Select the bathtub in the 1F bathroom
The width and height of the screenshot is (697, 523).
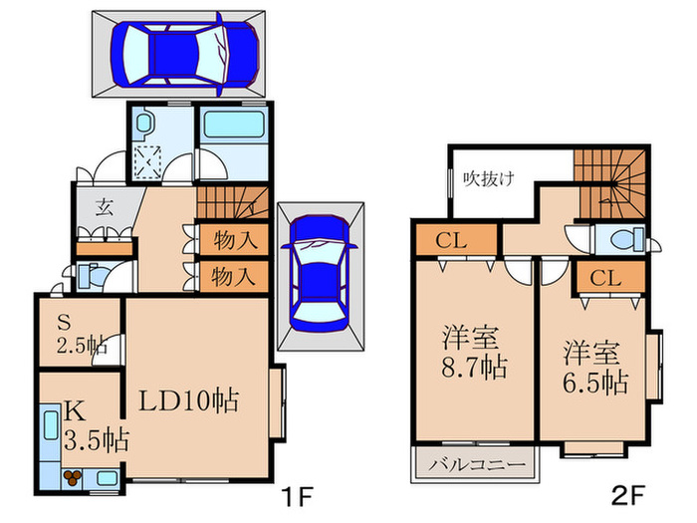[230, 130]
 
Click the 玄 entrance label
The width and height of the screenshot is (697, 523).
[104, 208]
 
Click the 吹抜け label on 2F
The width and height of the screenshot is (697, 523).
[489, 179]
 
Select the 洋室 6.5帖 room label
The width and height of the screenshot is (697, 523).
[595, 366]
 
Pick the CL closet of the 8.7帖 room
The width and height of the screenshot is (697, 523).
[452, 241]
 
